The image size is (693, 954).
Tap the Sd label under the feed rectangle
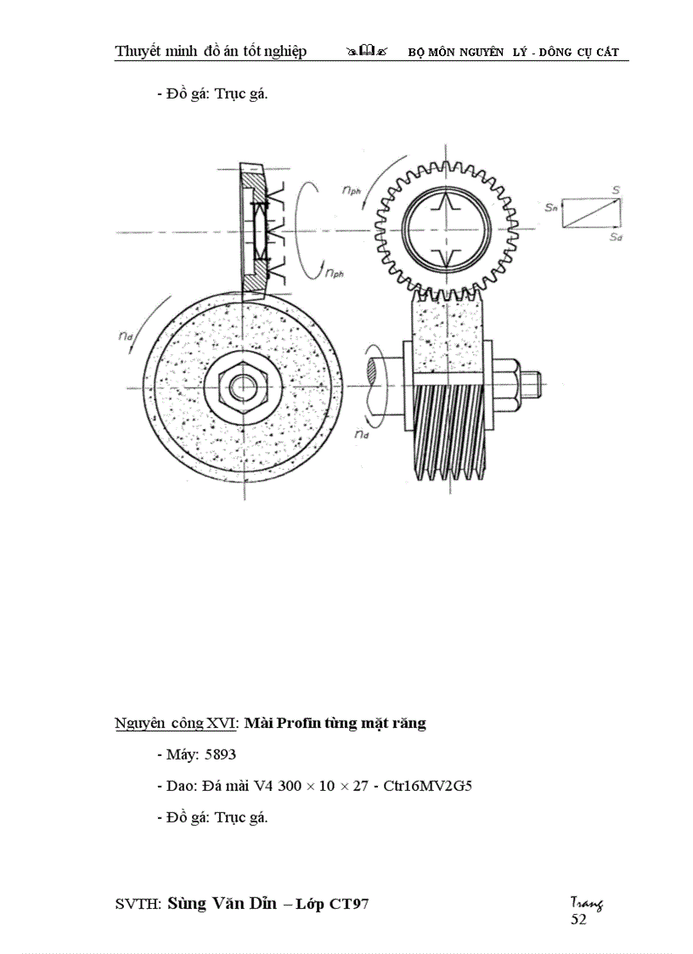(x=616, y=239)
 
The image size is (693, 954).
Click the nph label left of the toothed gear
(x=351, y=192)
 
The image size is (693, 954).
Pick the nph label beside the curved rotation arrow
(x=333, y=273)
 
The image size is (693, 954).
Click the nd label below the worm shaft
(x=363, y=434)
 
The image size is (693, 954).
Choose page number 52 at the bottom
(x=578, y=919)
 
